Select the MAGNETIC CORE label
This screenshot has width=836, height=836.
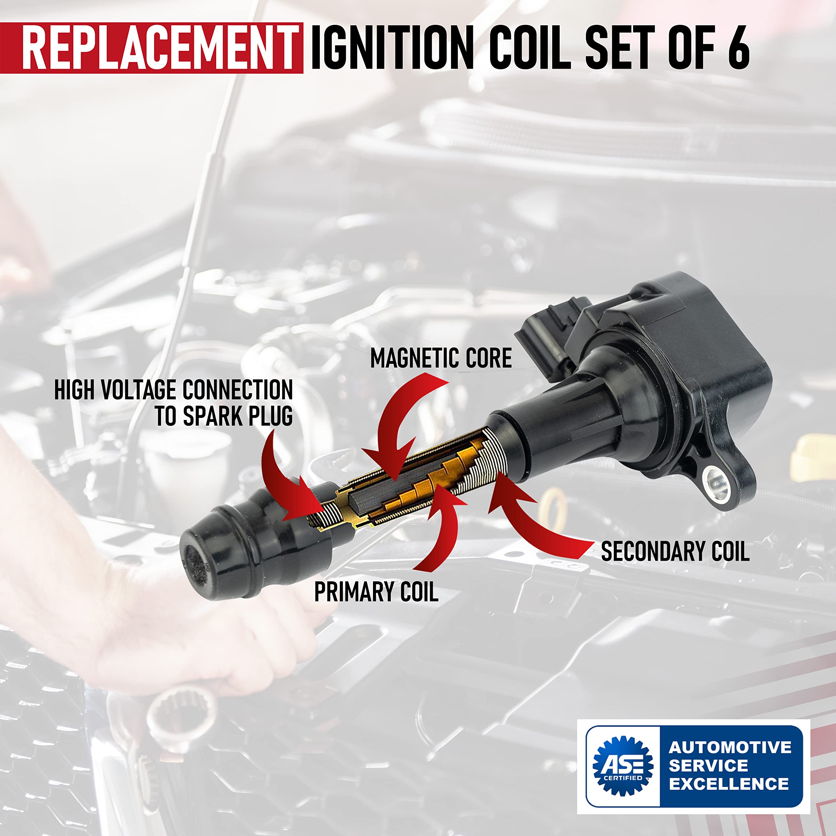[x=441, y=358]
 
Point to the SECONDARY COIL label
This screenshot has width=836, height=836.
[x=675, y=552]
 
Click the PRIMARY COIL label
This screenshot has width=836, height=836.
[x=376, y=592]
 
